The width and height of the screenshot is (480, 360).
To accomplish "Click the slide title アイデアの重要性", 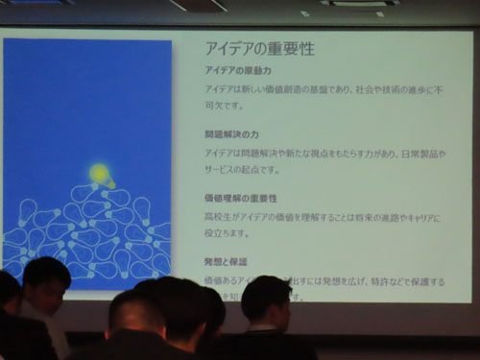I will pos(259,48).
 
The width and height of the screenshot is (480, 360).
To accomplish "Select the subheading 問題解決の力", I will pos(229,134).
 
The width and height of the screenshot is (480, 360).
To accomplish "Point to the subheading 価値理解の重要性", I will pos(241,197).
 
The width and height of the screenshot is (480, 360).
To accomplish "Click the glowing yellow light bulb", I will pos(99,174).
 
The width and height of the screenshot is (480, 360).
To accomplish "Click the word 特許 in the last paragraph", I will pos(376,280).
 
